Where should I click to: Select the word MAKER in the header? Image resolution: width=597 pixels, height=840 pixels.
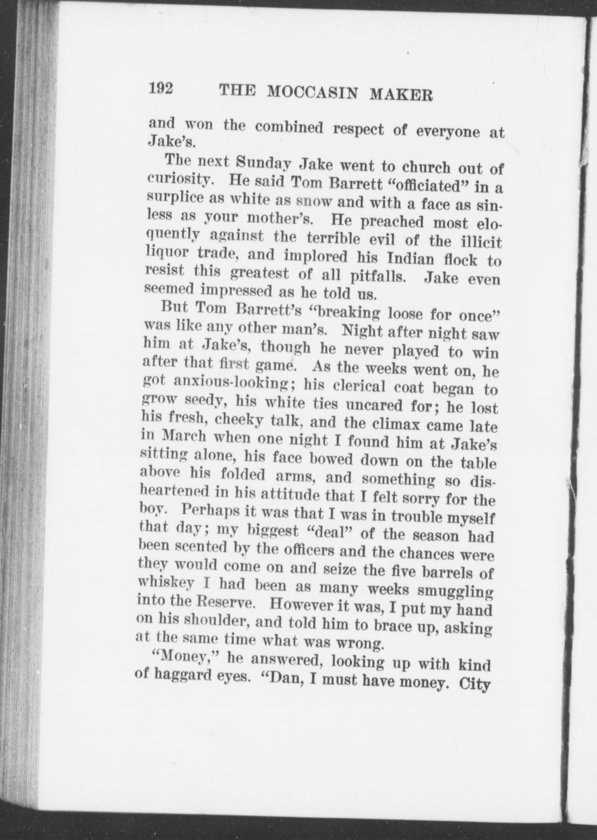point(401,94)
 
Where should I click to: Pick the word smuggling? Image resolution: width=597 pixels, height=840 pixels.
point(453,592)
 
